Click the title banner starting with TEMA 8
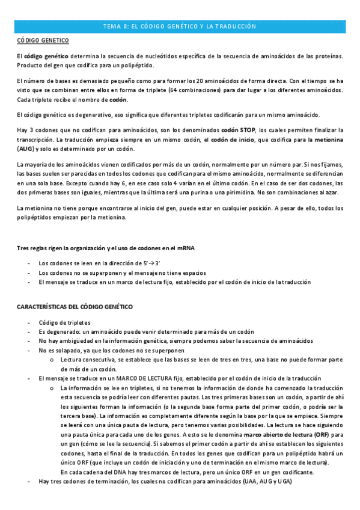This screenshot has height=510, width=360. tap(180, 26)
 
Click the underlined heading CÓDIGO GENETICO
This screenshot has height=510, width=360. tap(43, 40)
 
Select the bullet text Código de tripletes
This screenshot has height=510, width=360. tap(63, 323)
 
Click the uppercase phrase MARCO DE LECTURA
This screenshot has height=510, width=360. tap(136, 378)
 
